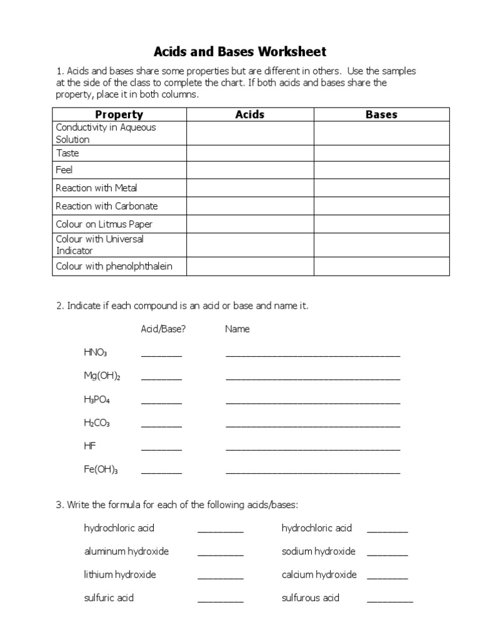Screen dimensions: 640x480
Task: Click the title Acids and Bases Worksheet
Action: tap(241, 51)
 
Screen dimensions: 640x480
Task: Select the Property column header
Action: tap(119, 114)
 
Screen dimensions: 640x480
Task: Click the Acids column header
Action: tap(249, 114)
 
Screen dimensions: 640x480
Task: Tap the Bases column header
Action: tap(381, 114)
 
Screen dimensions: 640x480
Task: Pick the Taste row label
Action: tap(67, 153)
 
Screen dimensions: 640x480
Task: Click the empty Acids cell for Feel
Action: tap(249, 170)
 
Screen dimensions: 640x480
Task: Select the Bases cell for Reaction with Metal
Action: tap(381, 188)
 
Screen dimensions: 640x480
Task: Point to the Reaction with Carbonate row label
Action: tap(107, 206)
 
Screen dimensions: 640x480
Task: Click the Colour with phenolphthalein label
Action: tap(114, 266)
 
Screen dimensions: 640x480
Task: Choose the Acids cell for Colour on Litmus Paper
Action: tap(249, 224)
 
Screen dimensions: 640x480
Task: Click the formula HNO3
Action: tap(96, 353)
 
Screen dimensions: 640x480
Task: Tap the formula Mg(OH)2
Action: tap(102, 376)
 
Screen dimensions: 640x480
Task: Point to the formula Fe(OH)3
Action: tap(101, 470)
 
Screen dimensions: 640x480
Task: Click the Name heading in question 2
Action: tap(237, 329)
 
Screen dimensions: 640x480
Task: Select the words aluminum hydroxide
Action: tap(126, 551)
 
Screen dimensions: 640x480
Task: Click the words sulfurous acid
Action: tap(311, 597)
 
